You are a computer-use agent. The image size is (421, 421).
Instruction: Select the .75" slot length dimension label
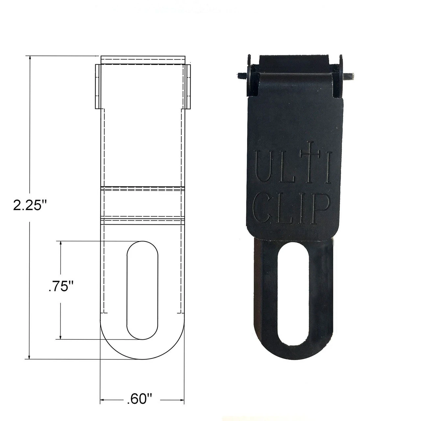pyautogui.click(x=60, y=286)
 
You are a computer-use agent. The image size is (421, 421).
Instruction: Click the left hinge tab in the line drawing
pyautogui.click(x=98, y=86)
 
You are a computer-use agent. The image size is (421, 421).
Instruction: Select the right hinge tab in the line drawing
pyautogui.click(x=187, y=86)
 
